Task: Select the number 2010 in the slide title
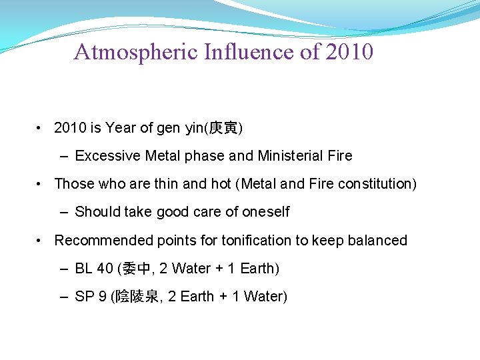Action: click(x=349, y=52)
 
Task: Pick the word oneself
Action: click(x=266, y=212)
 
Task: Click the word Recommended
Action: click(x=103, y=240)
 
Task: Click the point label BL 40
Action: click(x=94, y=269)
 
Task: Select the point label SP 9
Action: click(x=91, y=297)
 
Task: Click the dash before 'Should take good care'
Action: click(x=63, y=213)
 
